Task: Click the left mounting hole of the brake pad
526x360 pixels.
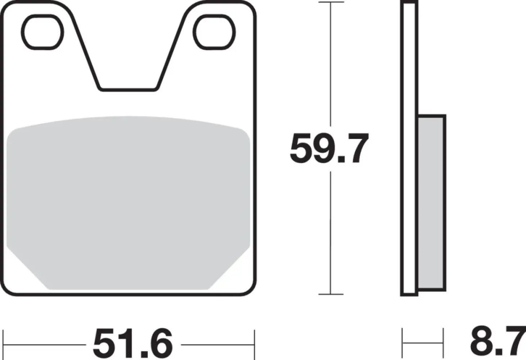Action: [42, 32]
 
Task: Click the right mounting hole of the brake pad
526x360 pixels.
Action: [215, 32]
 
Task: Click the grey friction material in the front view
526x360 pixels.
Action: [128, 202]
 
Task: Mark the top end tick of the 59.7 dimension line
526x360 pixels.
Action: [331, 3]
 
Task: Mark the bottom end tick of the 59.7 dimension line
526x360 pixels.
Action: [331, 294]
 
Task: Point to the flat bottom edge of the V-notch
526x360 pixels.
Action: [128, 89]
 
